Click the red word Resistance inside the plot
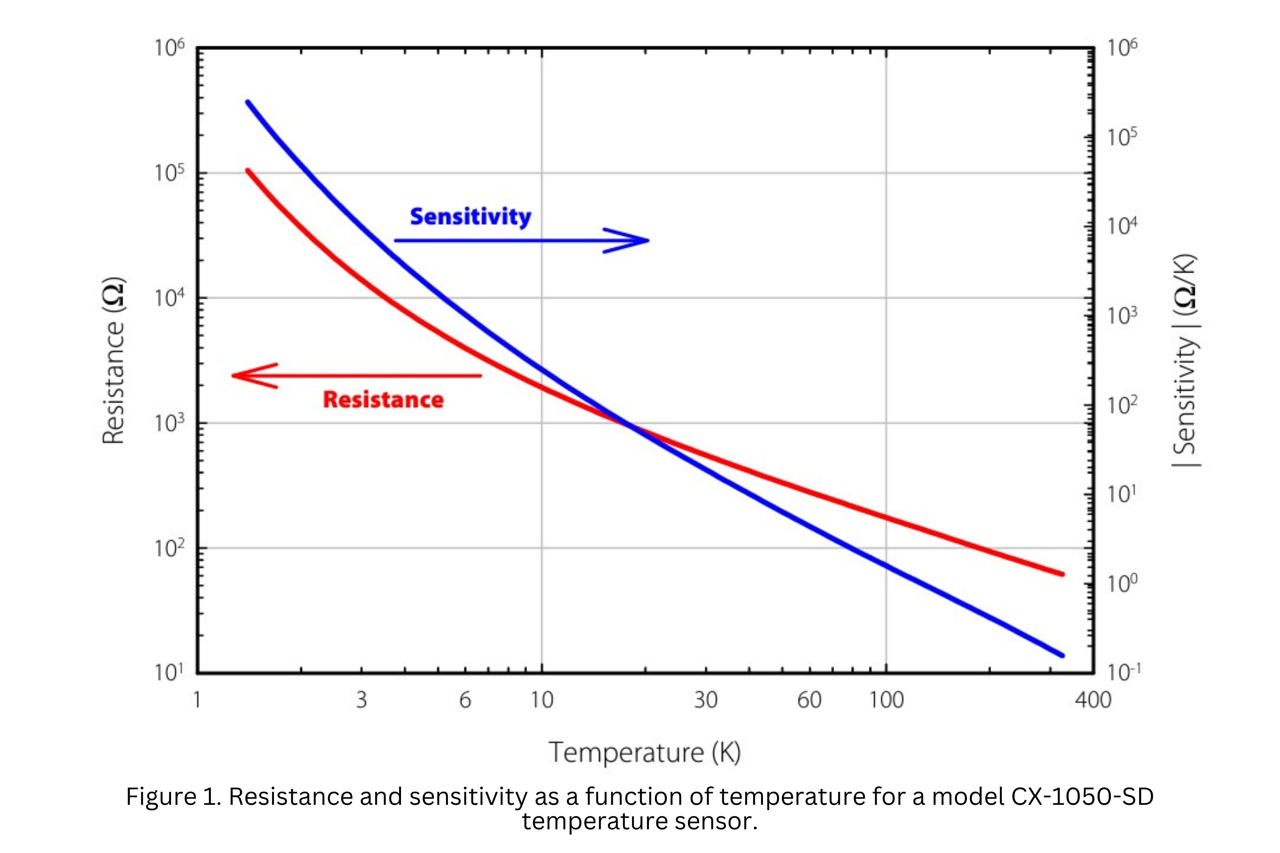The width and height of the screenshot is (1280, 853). [383, 400]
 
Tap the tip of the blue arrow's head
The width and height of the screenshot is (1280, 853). [648, 240]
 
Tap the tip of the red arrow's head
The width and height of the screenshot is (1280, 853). [233, 376]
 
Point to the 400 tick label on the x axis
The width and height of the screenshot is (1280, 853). [1093, 700]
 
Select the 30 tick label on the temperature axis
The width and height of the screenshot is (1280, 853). [706, 700]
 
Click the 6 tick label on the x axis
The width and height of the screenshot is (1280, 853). [465, 700]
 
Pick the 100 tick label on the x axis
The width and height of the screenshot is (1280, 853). [886, 700]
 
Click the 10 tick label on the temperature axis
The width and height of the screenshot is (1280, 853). [542, 700]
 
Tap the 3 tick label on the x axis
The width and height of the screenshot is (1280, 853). [362, 700]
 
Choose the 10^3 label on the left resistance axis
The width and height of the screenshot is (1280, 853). [169, 423]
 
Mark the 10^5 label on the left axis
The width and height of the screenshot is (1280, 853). [169, 173]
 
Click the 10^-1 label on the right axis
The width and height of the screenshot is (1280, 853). [1123, 673]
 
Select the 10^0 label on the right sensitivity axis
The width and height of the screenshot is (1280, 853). [1122, 583]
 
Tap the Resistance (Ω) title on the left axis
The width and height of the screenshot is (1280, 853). [114, 361]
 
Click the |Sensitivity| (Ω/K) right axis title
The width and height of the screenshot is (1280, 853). [1185, 361]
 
